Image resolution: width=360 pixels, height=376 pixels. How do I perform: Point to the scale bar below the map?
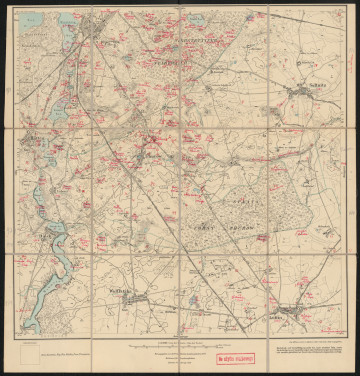[x=180, y=343]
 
